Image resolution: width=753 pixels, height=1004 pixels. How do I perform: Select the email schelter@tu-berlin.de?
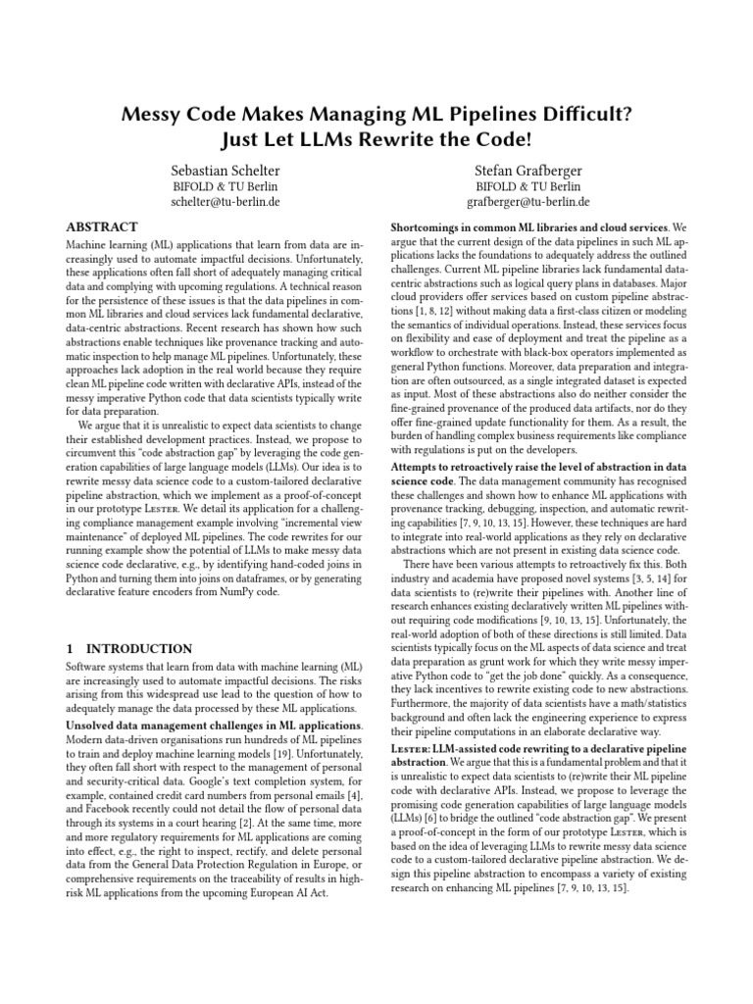pyautogui.click(x=225, y=203)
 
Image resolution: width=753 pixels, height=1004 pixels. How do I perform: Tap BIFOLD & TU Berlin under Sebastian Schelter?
pyautogui.click(x=225, y=186)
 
